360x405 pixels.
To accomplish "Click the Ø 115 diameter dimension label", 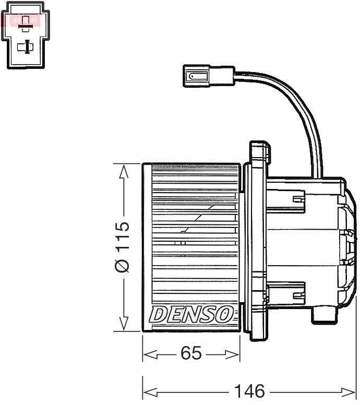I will tap(122, 247).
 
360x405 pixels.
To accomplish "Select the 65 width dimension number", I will tap(191, 353).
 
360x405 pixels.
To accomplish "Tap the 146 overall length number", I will tap(249, 390).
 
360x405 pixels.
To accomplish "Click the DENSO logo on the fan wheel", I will tap(191, 314).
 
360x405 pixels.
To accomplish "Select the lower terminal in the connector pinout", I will tap(25, 47).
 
